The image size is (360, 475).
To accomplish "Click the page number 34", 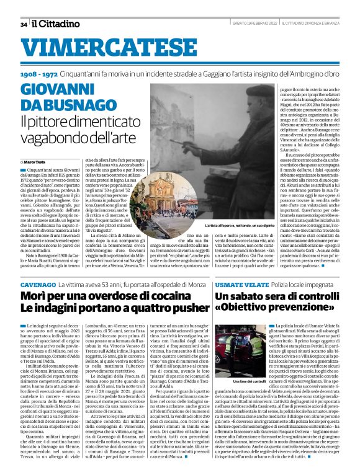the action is click(24, 24).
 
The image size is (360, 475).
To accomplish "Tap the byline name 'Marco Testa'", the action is click(35, 161).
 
